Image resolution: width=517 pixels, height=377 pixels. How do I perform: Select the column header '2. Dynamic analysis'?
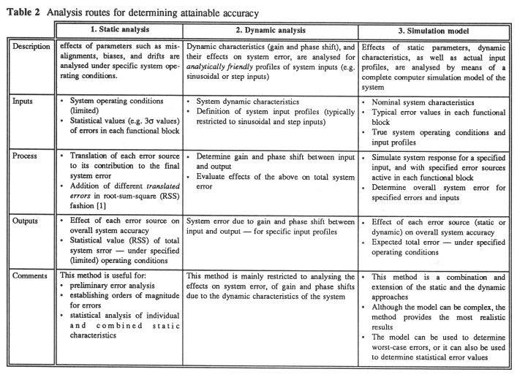click(x=270, y=31)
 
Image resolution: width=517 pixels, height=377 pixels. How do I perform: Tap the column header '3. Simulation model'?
click(x=432, y=31)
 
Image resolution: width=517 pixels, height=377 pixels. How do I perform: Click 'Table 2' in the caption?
click(x=20, y=10)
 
